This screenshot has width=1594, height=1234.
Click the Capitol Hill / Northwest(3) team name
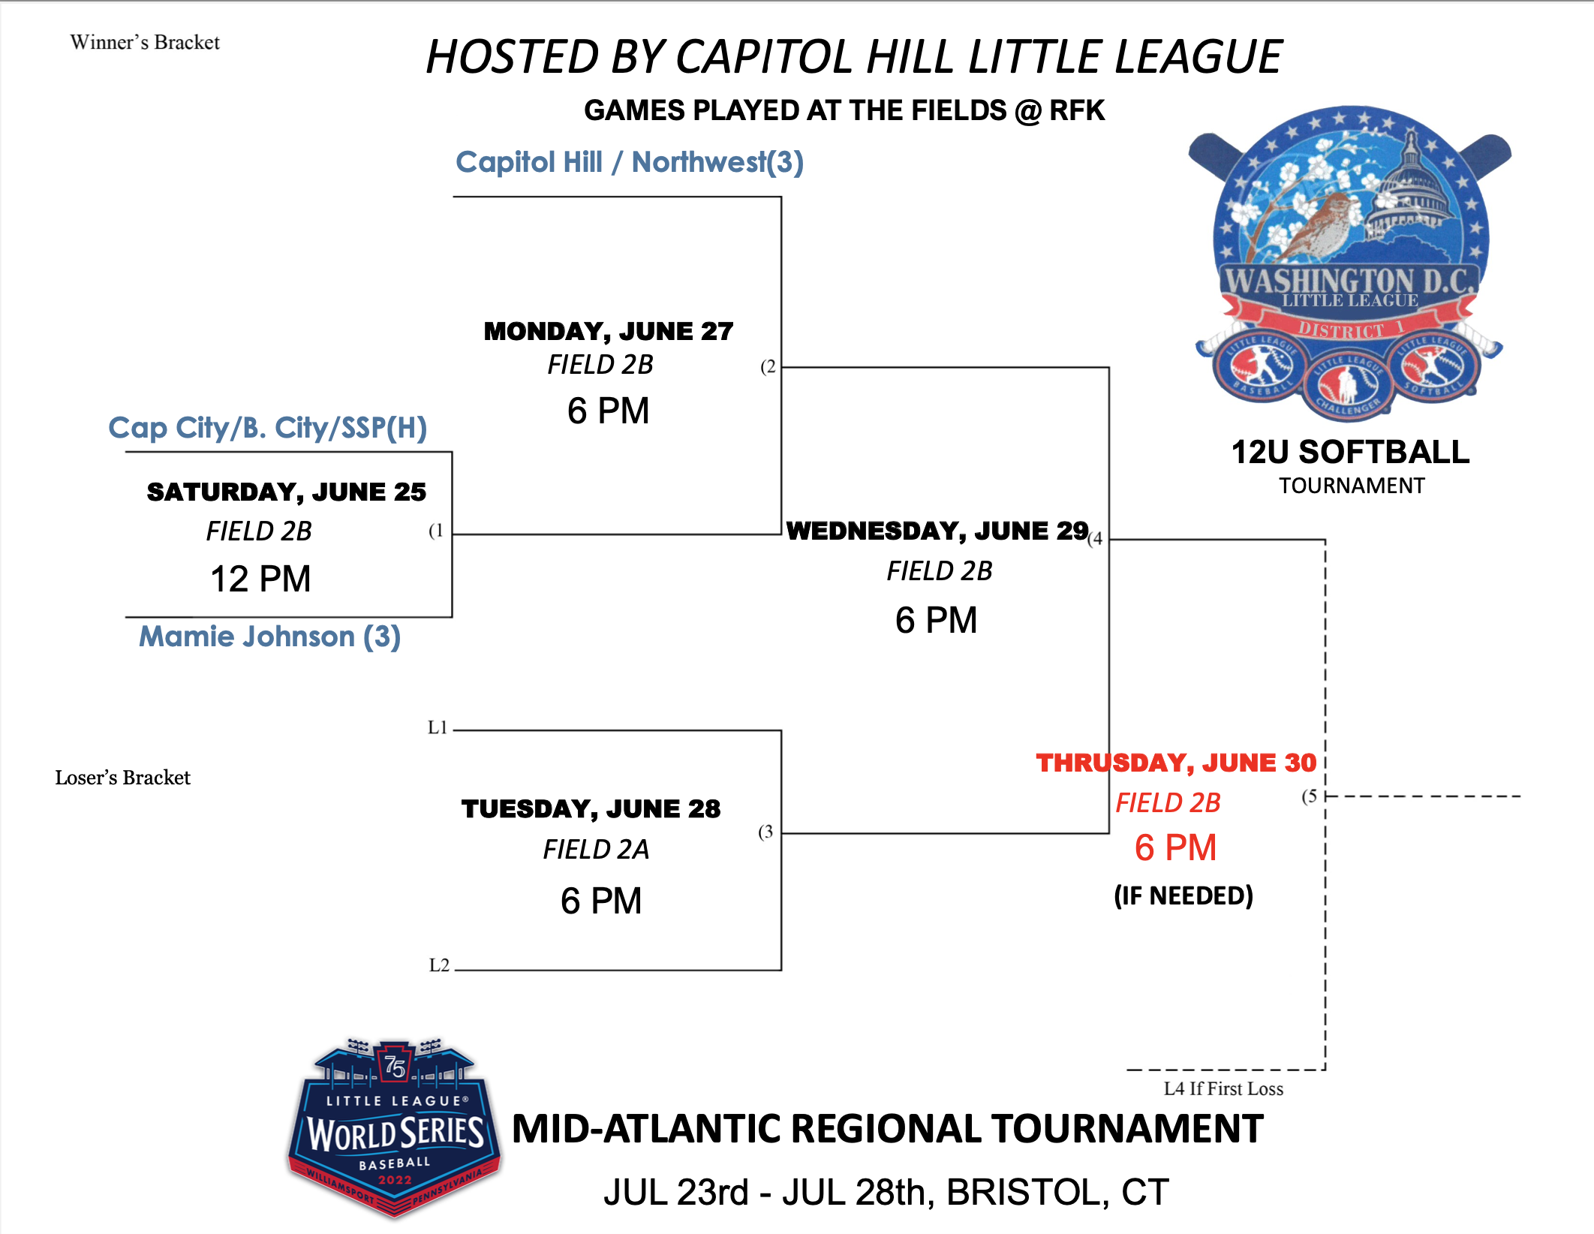pos(630,162)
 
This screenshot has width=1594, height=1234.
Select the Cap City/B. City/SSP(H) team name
pos(268,428)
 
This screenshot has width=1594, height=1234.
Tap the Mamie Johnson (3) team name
pos(270,637)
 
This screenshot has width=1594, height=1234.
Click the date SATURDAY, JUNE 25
pos(287,492)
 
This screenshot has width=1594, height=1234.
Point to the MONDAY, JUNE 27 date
pos(609,331)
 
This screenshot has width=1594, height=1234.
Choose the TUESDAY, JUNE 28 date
pos(591,808)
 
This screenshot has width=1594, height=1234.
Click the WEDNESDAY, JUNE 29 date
pos(937,531)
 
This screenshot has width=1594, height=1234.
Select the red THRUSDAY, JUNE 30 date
pos(1176,763)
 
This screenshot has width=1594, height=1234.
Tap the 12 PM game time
pos(260,579)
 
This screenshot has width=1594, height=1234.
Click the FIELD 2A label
pos(596,850)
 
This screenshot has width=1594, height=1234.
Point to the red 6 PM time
pos(1175,847)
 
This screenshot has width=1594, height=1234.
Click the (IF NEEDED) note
pos(1183,895)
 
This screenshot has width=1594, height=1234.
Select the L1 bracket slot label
pos(438,727)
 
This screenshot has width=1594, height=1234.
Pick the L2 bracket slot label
pos(439,965)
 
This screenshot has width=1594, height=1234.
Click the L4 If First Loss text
pos(1223,1089)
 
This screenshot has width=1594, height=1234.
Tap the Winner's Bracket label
pos(145,43)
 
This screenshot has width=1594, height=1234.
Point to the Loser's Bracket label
pos(122,778)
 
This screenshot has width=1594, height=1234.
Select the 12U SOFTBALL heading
pos(1350,452)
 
